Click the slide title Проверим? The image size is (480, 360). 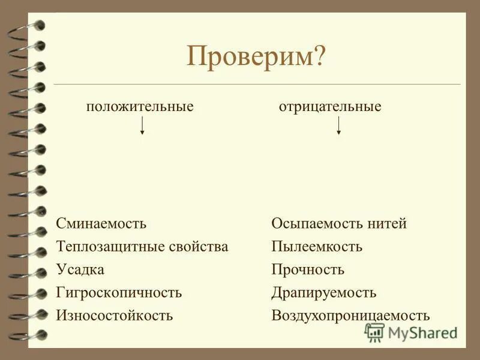(x=256, y=58)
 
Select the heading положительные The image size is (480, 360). (x=140, y=107)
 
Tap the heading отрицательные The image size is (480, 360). (x=330, y=107)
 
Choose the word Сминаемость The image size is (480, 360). (x=101, y=224)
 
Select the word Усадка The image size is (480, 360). (x=80, y=269)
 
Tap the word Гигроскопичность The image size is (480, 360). (x=119, y=293)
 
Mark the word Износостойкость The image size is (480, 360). (x=115, y=316)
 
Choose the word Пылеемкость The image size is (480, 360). (x=317, y=247)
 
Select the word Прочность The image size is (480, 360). (x=308, y=269)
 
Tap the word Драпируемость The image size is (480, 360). (x=324, y=293)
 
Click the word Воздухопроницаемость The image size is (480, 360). (x=350, y=316)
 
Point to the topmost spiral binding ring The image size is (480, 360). (x=30, y=26)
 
